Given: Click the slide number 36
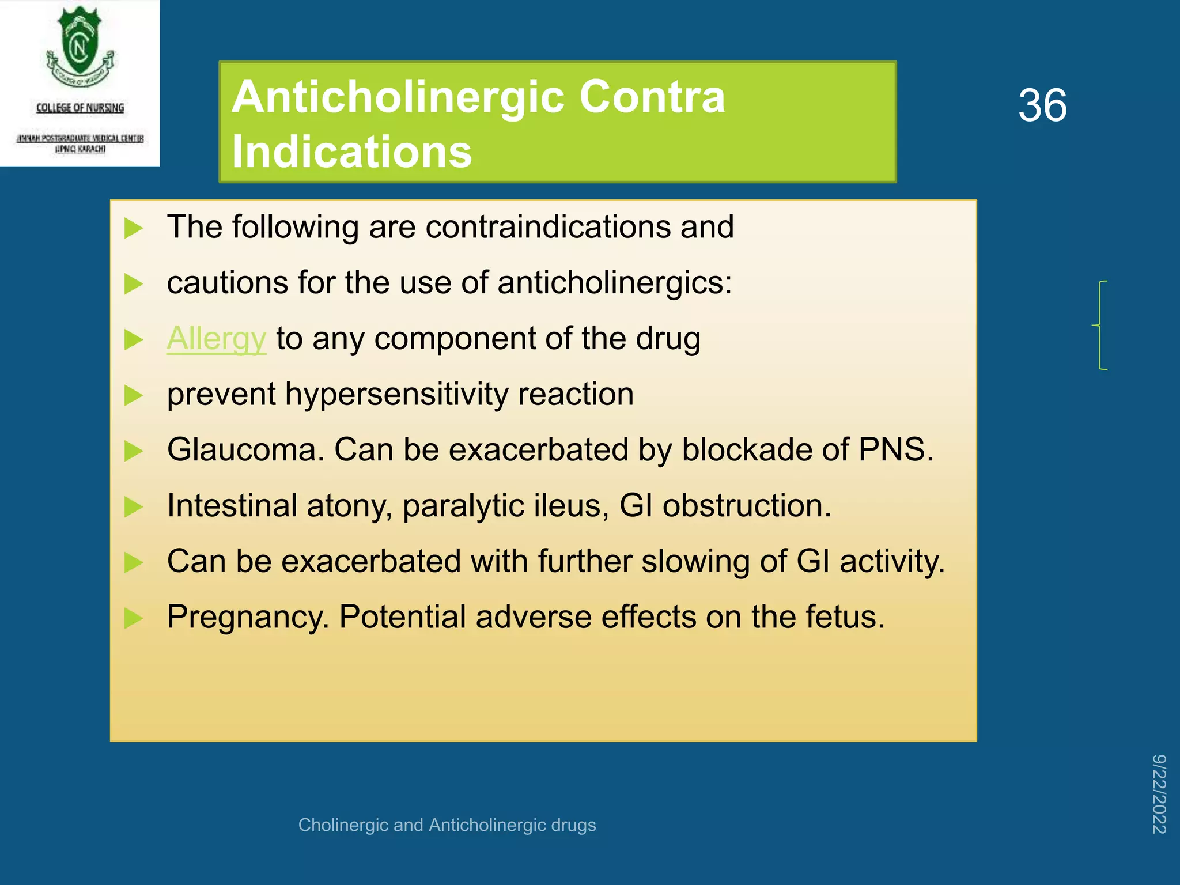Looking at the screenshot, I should click(1042, 105).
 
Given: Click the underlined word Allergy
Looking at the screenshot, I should click(216, 339).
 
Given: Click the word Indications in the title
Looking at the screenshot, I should click(351, 152).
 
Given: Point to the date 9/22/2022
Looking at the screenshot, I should click(1159, 793).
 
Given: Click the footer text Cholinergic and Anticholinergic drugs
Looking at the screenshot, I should click(447, 825).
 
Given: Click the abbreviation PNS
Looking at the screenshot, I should click(895, 449).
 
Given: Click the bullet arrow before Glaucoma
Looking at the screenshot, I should click(133, 451).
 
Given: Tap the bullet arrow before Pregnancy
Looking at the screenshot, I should click(133, 618).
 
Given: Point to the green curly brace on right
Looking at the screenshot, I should click(1100, 326).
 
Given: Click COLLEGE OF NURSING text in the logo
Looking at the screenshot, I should click(80, 108).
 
